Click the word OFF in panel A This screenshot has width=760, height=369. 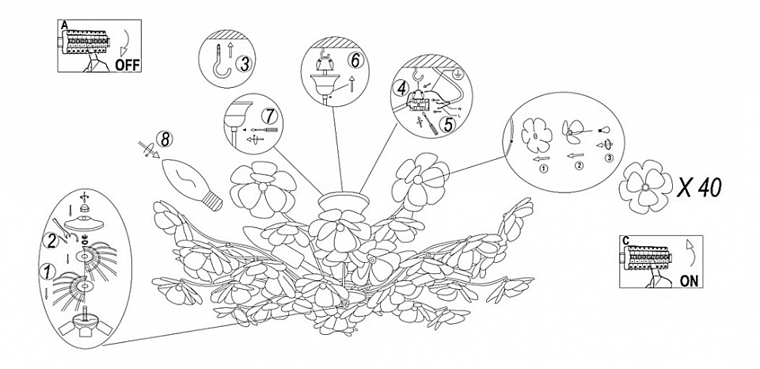[x=127, y=65]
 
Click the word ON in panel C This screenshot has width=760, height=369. [x=689, y=281]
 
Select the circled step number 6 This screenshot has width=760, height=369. [x=355, y=60]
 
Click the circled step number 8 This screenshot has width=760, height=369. [x=165, y=140]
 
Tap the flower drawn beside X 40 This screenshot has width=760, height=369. [x=645, y=187]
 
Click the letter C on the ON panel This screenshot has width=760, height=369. [x=625, y=240]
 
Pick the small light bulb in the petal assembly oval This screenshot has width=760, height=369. [x=602, y=130]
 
